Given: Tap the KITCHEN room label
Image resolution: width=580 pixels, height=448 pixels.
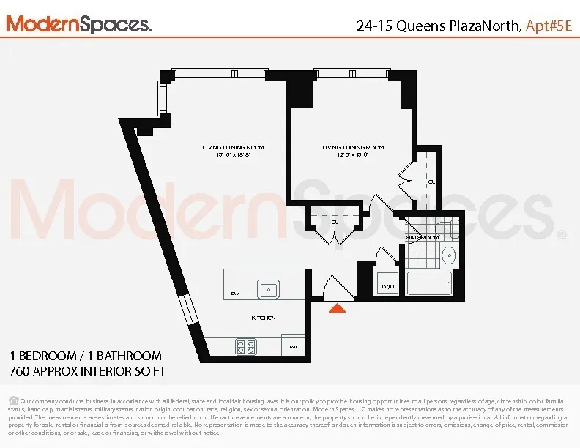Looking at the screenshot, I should pyautogui.click(x=264, y=318).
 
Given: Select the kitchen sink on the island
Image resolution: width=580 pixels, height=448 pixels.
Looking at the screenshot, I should pyautogui.click(x=268, y=289).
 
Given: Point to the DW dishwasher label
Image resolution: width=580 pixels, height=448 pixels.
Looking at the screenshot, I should pyautogui.click(x=235, y=293).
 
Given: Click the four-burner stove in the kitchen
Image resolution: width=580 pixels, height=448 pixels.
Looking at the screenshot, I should pyautogui.click(x=245, y=346).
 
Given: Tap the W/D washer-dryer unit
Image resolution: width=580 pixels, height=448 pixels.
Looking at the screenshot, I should pyautogui.click(x=387, y=285).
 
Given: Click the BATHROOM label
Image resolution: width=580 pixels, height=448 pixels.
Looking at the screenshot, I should pyautogui.click(x=423, y=238).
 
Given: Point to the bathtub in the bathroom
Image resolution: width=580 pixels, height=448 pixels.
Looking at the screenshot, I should pyautogui.click(x=429, y=283).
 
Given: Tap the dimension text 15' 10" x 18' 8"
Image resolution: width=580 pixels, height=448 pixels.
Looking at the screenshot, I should pyautogui.click(x=233, y=155).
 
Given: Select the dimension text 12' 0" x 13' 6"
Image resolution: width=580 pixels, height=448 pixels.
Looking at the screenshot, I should pyautogui.click(x=353, y=155).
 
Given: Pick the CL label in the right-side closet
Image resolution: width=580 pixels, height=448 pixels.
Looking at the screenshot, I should pyautogui.click(x=431, y=182).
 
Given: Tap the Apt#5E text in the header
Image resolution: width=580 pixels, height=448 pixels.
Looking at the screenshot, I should pyautogui.click(x=549, y=26).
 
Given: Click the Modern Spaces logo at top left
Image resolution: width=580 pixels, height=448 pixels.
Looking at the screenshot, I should pyautogui.click(x=79, y=23).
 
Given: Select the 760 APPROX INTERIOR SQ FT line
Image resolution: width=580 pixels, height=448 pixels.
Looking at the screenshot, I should pyautogui.click(x=87, y=372).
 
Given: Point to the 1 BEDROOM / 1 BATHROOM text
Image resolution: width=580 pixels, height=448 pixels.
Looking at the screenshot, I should pyautogui.click(x=86, y=356).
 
